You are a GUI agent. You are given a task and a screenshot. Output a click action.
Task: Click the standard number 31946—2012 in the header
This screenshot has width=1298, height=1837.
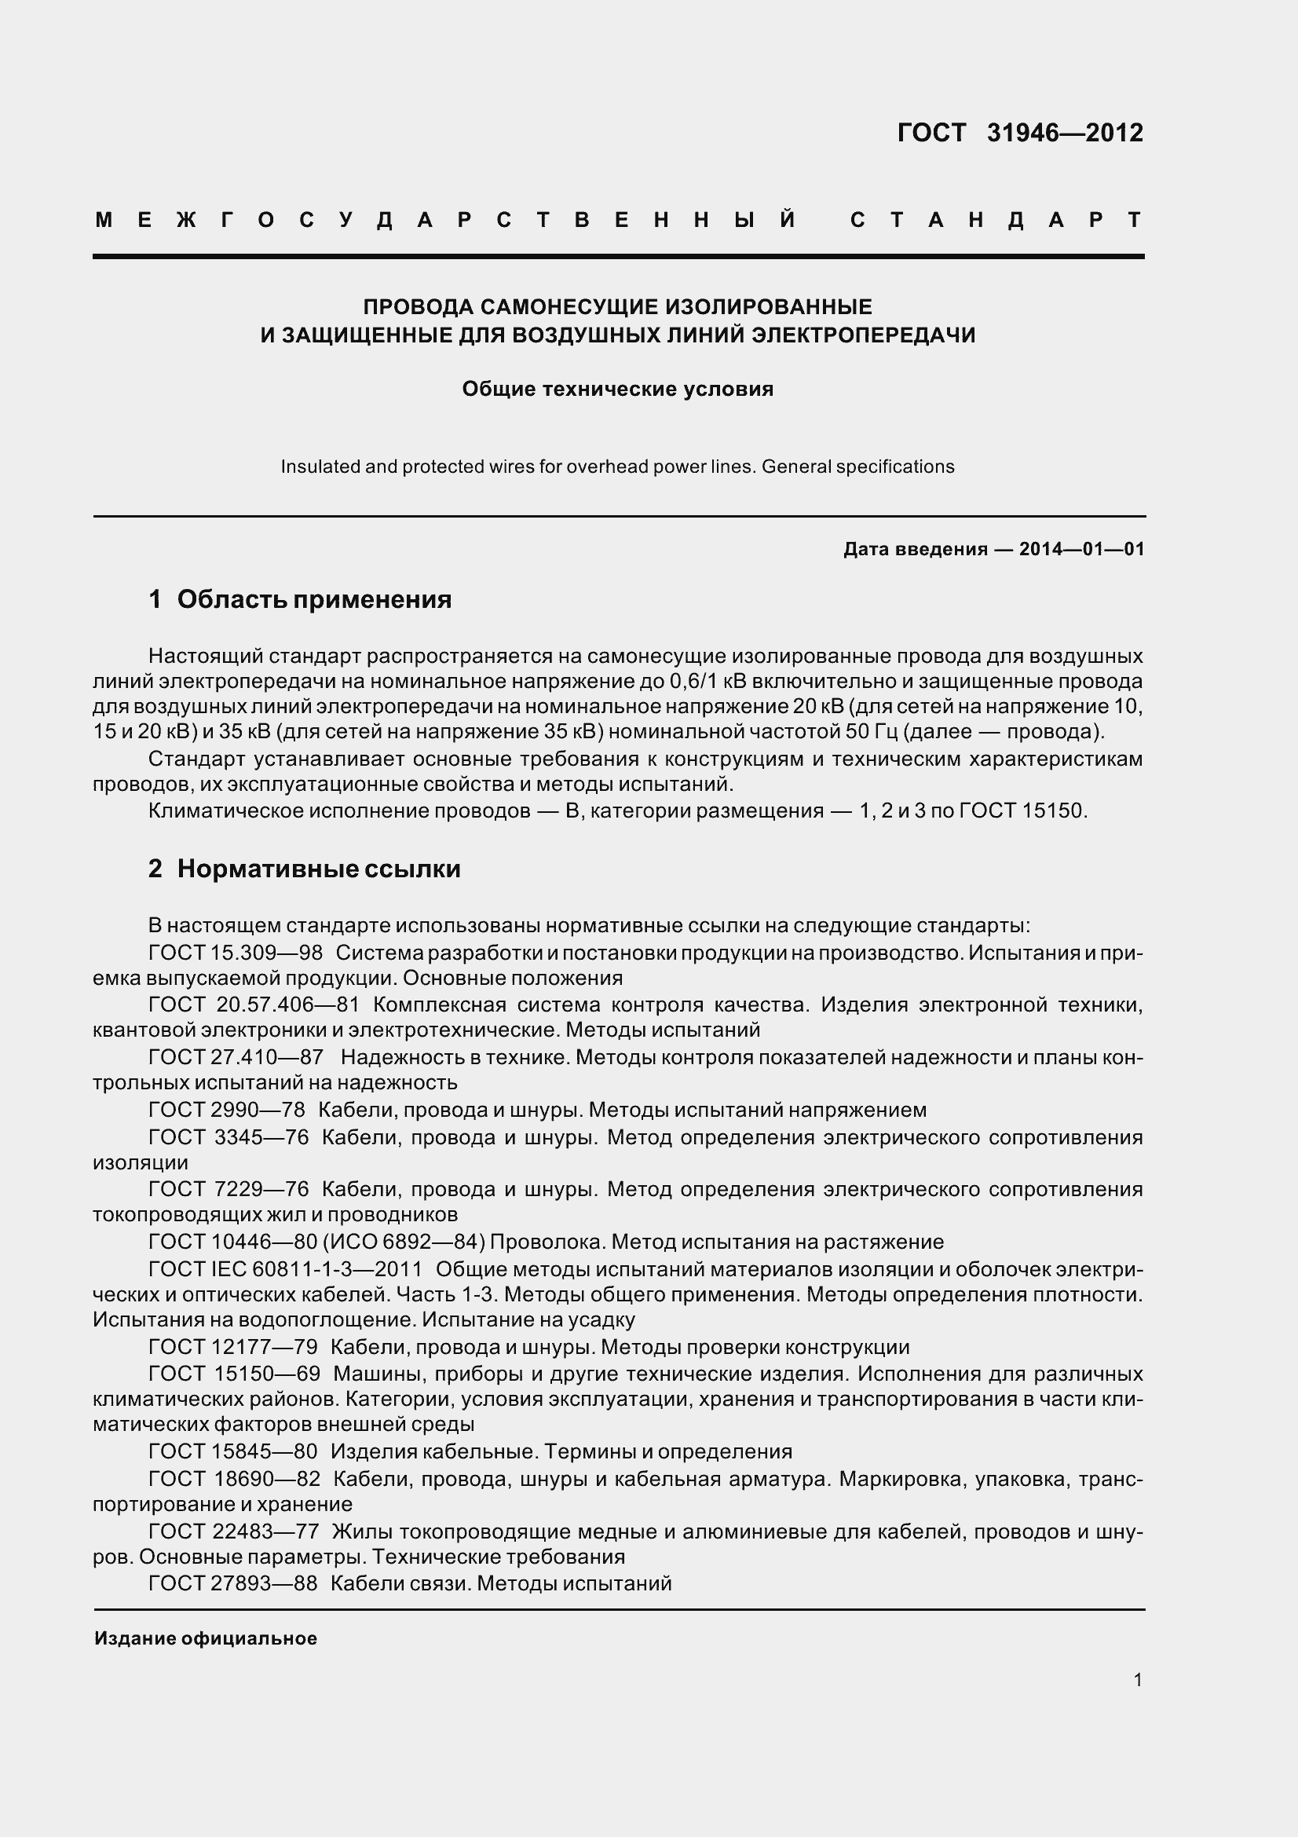1065,133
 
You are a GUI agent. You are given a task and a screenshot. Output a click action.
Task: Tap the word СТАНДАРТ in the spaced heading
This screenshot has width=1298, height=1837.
996,220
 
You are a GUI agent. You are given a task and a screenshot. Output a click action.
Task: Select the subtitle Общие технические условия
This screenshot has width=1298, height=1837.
617,390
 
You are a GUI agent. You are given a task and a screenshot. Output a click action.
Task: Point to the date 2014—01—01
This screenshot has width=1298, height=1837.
1081,549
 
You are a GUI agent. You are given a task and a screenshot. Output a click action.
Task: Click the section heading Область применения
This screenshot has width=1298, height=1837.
313,599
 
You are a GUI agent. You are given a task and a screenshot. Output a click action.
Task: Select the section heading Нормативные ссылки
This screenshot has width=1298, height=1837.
318,869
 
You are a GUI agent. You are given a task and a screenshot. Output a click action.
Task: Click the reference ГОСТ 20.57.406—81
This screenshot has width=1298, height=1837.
254,1005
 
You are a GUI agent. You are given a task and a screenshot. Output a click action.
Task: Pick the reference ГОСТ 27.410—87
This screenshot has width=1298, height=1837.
235,1057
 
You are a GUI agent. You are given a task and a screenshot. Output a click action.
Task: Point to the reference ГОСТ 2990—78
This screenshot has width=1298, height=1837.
226,1110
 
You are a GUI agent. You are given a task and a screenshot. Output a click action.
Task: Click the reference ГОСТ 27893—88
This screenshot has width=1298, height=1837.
232,1583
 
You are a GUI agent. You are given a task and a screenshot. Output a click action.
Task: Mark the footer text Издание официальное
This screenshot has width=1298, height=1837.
206,1638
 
